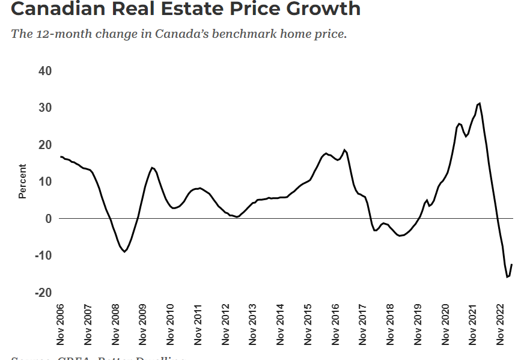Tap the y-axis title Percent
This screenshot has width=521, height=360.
pos(23,182)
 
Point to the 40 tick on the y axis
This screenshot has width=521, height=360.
pos(45,71)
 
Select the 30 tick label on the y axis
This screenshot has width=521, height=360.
pos(45,108)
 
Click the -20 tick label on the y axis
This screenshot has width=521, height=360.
pos(43,293)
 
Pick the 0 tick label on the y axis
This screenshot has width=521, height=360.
pos(49,219)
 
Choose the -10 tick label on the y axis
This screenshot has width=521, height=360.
pos(43,255)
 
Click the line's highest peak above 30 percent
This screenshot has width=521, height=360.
pos(479,103)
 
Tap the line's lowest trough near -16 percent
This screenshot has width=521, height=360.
pos(507,277)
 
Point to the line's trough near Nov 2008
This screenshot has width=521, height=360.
pos(124,251)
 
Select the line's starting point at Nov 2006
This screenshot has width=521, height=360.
pos(61,157)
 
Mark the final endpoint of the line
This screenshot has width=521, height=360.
pos(511,264)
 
